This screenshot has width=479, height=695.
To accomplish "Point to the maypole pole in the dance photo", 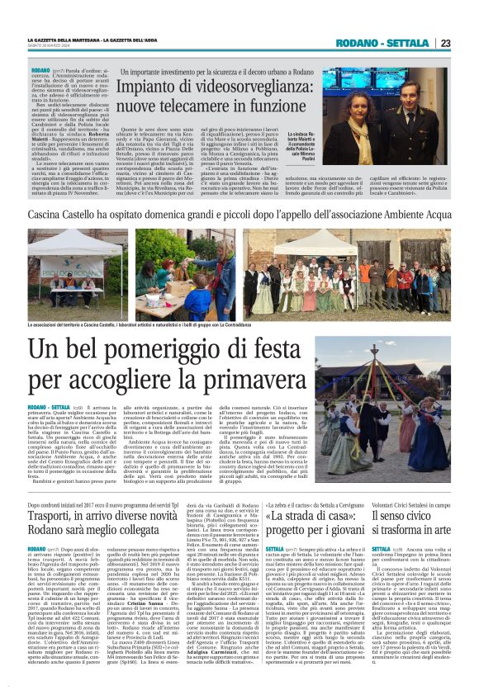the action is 410,384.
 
